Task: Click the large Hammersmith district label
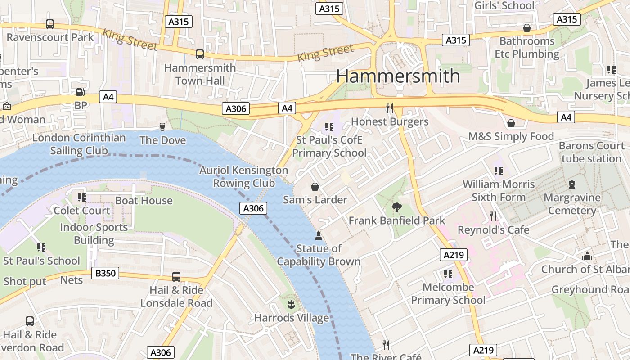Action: (398, 76)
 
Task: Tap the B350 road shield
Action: (106, 273)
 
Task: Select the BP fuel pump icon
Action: (80, 92)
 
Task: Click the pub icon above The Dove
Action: (162, 127)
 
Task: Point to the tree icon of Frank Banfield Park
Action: (396, 207)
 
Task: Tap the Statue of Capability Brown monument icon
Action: (319, 235)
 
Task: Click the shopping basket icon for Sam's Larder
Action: (315, 186)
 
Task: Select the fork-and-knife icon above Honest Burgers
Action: (390, 108)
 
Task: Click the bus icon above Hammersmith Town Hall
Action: (199, 54)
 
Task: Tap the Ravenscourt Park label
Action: (50, 37)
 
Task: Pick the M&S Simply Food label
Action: (511, 136)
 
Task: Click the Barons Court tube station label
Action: (591, 152)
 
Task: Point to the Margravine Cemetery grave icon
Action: (572, 184)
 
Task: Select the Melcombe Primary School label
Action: (448, 293)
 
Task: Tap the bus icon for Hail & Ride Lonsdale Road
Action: (176, 277)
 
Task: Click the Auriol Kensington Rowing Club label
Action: (243, 176)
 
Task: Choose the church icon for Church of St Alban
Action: (587, 256)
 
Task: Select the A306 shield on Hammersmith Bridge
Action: (253, 208)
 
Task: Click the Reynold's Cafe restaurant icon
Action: (493, 216)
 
